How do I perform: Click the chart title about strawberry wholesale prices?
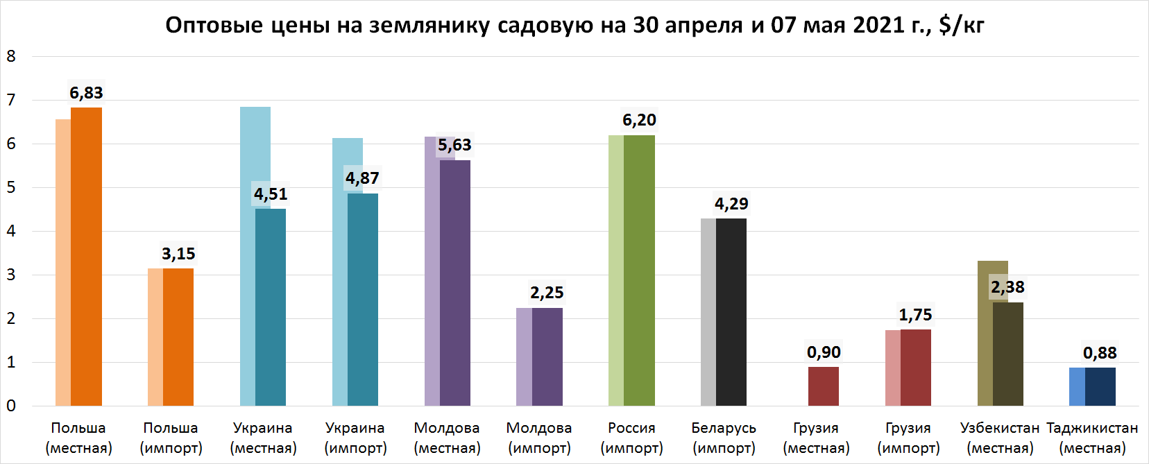click(x=574, y=24)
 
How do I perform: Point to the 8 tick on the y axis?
click(x=11, y=56)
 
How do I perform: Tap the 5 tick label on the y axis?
click(x=11, y=188)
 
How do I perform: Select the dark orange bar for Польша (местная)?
click(x=86, y=257)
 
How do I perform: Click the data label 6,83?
click(x=86, y=93)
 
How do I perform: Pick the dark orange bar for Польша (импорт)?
click(x=178, y=337)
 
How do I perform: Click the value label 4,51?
click(x=271, y=194)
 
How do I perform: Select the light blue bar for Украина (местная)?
click(x=255, y=257)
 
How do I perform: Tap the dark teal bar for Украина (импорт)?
click(x=363, y=300)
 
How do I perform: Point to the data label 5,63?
click(x=454, y=145)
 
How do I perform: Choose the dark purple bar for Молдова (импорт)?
click(x=547, y=357)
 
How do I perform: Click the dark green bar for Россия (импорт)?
click(x=639, y=270)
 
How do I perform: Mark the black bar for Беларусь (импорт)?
click(x=731, y=312)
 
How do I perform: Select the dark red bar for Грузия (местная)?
click(x=824, y=386)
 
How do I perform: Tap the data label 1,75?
click(x=916, y=315)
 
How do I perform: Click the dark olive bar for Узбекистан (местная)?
click(x=1008, y=354)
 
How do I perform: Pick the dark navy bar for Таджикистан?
click(x=1100, y=387)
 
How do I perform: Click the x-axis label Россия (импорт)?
click(x=632, y=438)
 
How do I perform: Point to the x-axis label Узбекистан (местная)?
click(x=1001, y=438)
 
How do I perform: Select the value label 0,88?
click(x=1100, y=353)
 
